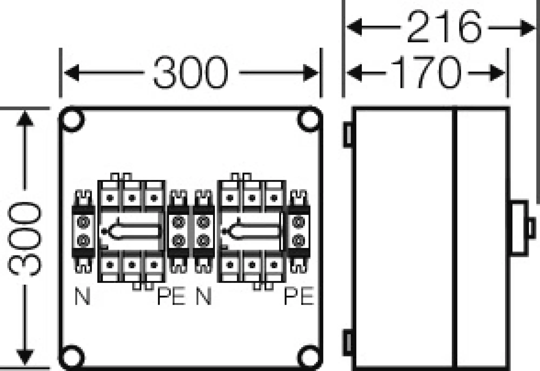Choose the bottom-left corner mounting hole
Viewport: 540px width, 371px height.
coord(72,357)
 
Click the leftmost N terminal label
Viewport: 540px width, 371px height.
coord(82,296)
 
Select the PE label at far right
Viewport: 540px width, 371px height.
coord(299,296)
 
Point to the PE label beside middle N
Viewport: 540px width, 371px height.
coord(171,296)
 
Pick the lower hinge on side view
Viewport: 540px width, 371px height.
coord(348,343)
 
